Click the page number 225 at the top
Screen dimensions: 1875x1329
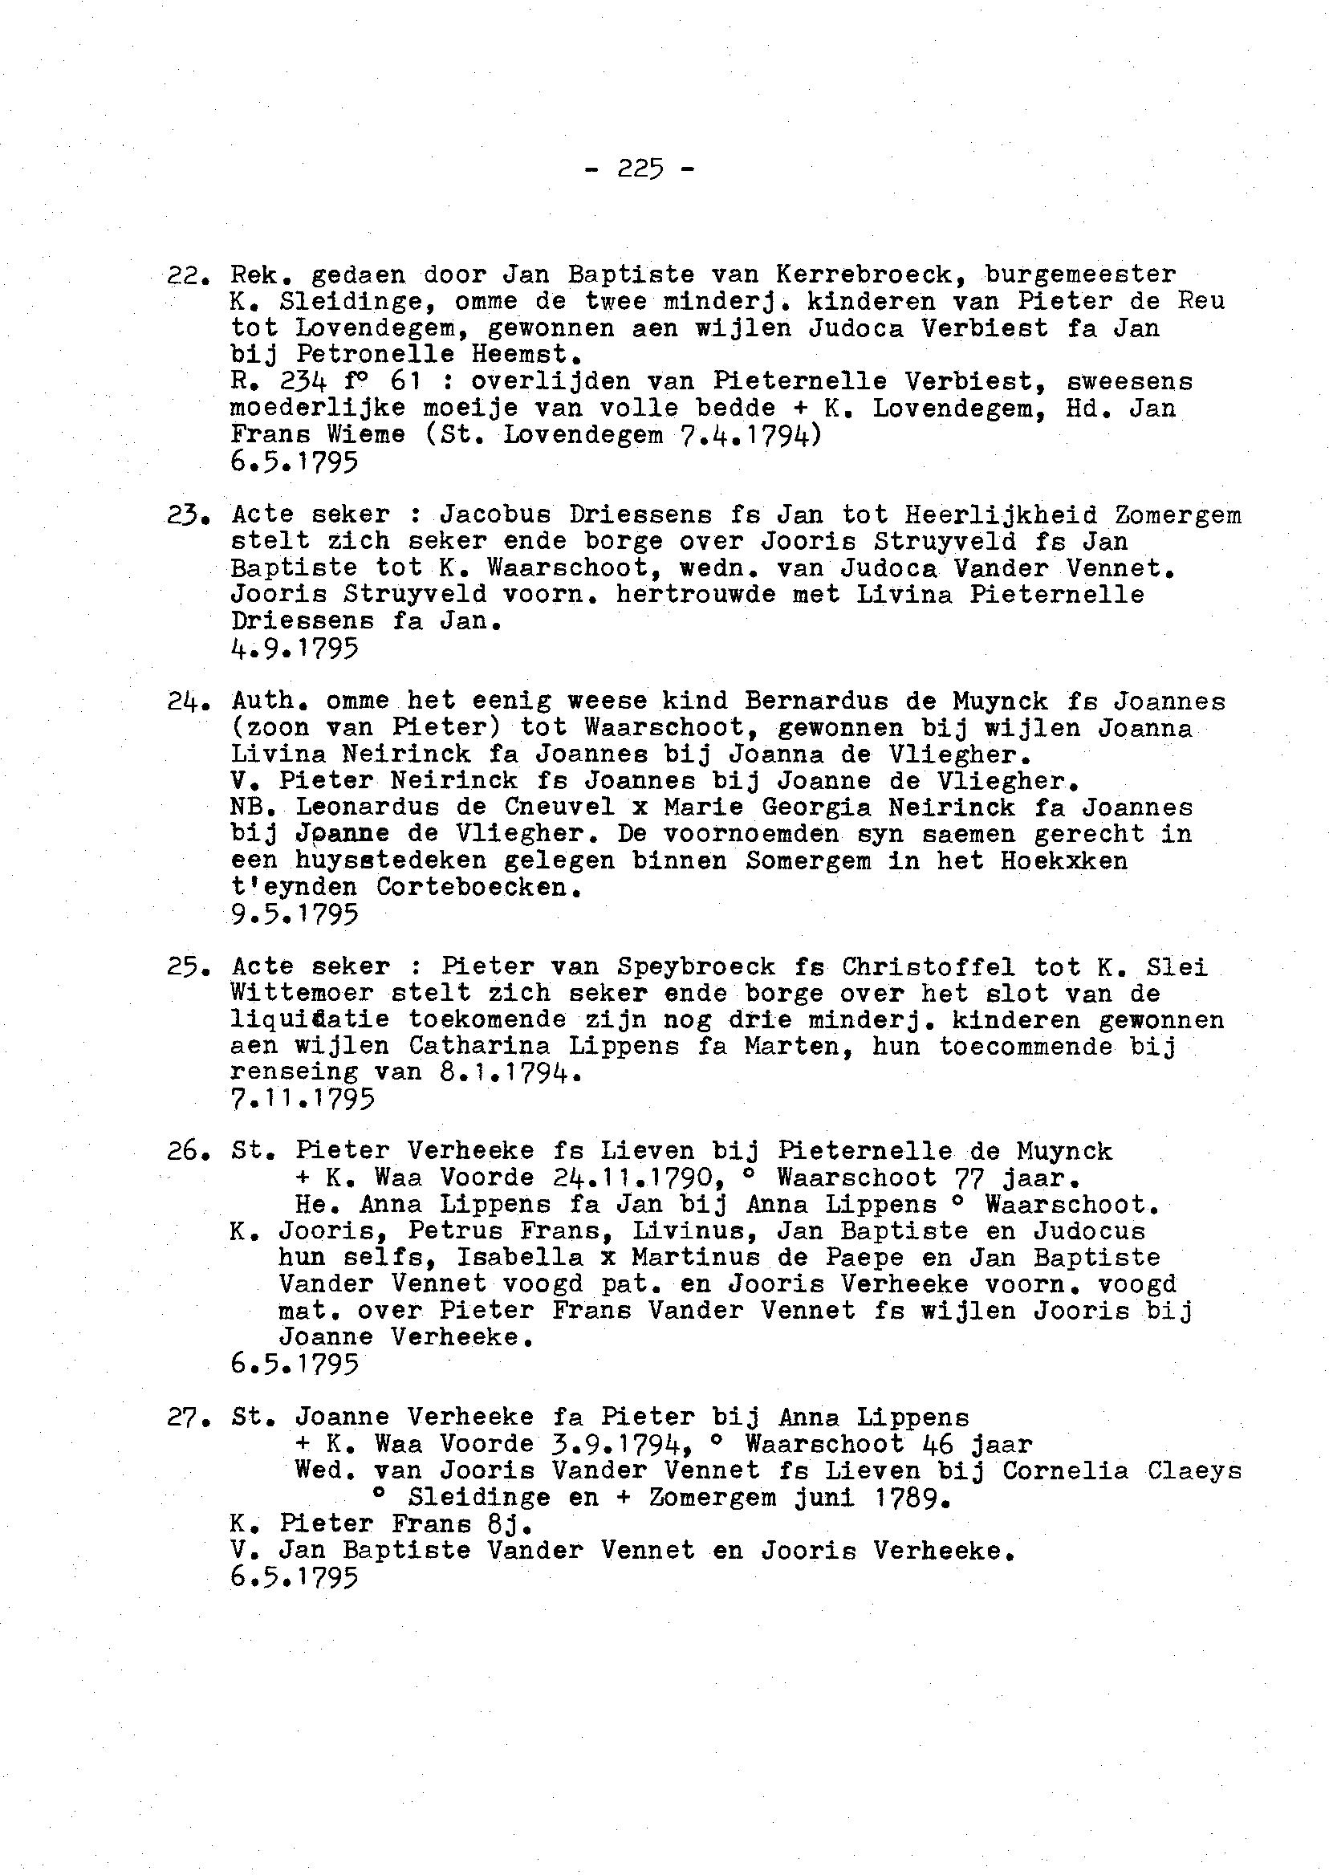[640, 169]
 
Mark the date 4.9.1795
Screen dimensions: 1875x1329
[295, 650]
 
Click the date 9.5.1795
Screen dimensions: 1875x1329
[295, 915]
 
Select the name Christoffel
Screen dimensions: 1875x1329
[927, 966]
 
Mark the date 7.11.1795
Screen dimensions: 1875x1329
[303, 1100]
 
